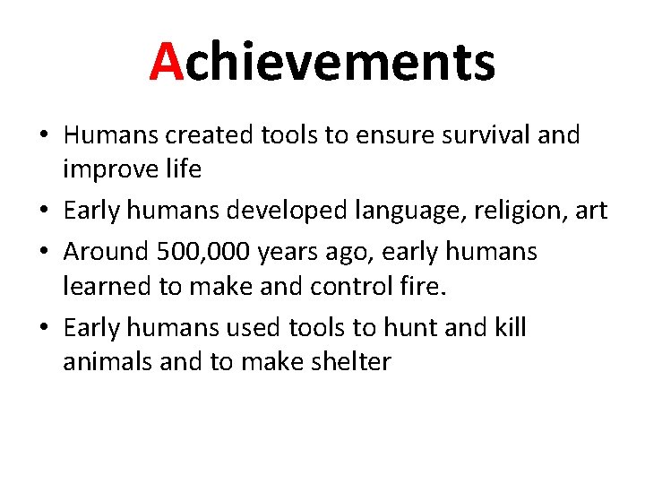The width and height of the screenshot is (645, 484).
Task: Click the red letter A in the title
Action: pyautogui.click(x=167, y=62)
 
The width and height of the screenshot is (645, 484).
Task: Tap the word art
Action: pyautogui.click(x=590, y=212)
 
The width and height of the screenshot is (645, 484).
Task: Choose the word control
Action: pyautogui.click(x=309, y=287)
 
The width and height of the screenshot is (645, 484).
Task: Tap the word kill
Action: pyautogui.click(x=510, y=328)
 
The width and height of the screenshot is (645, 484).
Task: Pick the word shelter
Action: pyautogui.click(x=349, y=363)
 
